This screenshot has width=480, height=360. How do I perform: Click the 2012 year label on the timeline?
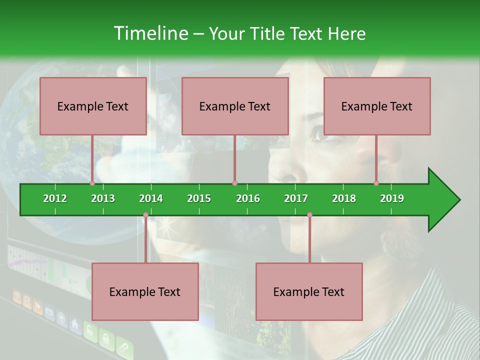point(55,198)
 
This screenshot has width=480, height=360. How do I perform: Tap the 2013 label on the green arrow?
point(103,198)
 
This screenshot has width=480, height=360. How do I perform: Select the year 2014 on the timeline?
point(151,198)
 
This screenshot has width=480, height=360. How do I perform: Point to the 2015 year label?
point(199,198)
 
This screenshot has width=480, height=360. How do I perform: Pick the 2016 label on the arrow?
point(248,198)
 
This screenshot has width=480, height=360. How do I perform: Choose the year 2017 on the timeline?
point(296,198)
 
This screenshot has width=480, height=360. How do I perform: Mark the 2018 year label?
point(344,198)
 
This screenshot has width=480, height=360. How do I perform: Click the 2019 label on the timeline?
point(392,198)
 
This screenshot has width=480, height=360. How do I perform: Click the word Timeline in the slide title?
point(150,33)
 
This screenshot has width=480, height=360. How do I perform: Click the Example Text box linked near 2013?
point(93,106)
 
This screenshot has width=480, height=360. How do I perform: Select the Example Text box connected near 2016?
point(235,106)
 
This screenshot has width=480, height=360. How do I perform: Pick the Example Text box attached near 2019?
point(377,106)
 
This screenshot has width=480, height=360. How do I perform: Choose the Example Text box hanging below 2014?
point(145,291)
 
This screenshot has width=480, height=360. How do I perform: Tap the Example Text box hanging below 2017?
point(309,291)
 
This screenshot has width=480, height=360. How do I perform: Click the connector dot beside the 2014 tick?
point(145,215)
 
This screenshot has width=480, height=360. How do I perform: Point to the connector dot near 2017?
point(309,215)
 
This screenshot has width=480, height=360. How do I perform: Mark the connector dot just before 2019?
point(376,183)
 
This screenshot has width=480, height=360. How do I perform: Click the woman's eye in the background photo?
point(318,134)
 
